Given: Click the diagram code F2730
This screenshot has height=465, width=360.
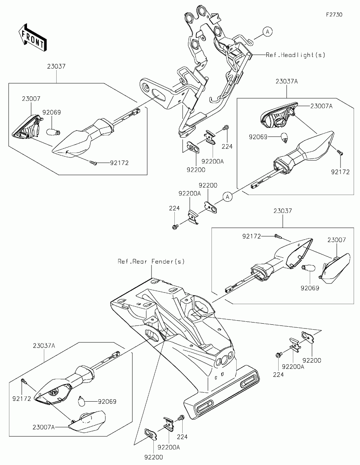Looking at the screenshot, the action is [334, 15].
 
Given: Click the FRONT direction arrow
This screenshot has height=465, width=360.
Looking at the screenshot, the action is [33, 37].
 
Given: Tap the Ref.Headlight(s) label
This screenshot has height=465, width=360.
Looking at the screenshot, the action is [295, 55].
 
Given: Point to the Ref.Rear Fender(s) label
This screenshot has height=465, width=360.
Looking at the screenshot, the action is [151, 261].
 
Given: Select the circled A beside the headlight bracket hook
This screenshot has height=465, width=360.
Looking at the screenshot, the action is [267, 31].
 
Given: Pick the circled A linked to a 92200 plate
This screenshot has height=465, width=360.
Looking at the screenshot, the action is [227, 196].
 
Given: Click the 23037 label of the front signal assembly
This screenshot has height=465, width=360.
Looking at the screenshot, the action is [56, 66].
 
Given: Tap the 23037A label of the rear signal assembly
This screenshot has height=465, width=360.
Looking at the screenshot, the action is [44, 346].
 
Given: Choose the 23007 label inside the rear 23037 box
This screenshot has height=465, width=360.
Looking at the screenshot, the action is [336, 240].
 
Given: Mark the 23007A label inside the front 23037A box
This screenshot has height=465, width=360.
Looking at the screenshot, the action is [321, 106].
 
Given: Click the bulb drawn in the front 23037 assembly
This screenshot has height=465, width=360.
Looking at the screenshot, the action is [53, 131].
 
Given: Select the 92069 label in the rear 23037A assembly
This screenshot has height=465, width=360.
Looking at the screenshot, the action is [107, 402].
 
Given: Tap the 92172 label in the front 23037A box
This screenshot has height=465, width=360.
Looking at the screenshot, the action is [340, 172].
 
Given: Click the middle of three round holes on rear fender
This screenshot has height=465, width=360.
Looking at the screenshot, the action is [224, 360].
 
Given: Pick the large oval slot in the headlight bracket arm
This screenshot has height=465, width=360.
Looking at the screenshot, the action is [159, 96].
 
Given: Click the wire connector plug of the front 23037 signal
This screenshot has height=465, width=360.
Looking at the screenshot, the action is [136, 111].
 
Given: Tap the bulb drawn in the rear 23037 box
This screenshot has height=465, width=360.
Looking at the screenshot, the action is [309, 267].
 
